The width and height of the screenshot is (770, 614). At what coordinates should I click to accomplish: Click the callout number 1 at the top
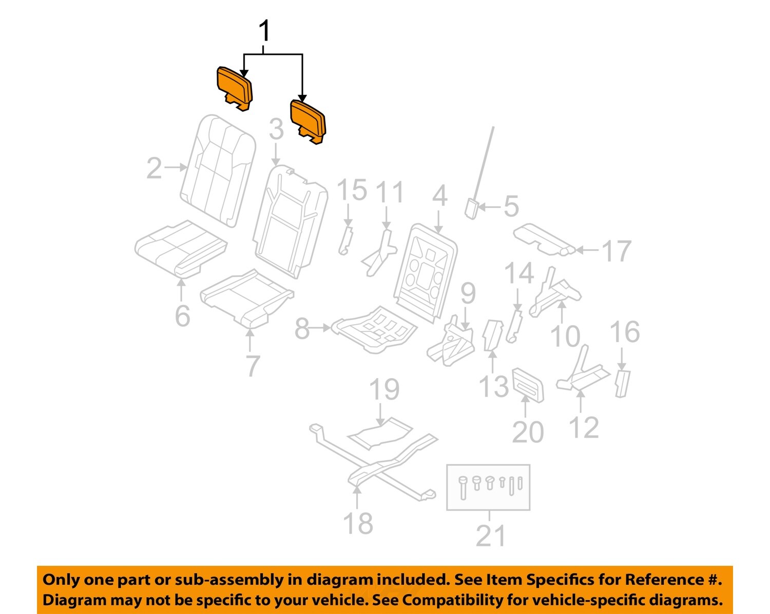click(264, 31)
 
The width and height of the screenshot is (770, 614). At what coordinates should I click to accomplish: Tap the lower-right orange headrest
click(307, 119)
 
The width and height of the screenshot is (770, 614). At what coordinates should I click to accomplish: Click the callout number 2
click(154, 168)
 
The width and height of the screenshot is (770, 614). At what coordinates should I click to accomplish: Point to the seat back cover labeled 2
click(219, 169)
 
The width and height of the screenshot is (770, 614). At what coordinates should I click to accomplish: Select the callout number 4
click(439, 196)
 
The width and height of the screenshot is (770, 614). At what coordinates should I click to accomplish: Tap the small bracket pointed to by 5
click(472, 208)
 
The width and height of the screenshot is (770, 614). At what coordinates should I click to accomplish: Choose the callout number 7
click(252, 365)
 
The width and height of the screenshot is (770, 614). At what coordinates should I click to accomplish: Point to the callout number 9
click(468, 293)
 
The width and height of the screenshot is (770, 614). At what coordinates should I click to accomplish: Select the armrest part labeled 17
click(542, 239)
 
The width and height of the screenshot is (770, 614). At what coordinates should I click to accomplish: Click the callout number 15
click(352, 190)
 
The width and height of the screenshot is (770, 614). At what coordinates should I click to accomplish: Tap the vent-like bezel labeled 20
click(527, 384)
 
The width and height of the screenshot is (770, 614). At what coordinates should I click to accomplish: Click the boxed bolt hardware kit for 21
click(488, 487)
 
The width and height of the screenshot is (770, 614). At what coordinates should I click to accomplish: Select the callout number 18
click(357, 523)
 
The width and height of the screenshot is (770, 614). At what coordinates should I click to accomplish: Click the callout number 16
click(624, 332)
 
